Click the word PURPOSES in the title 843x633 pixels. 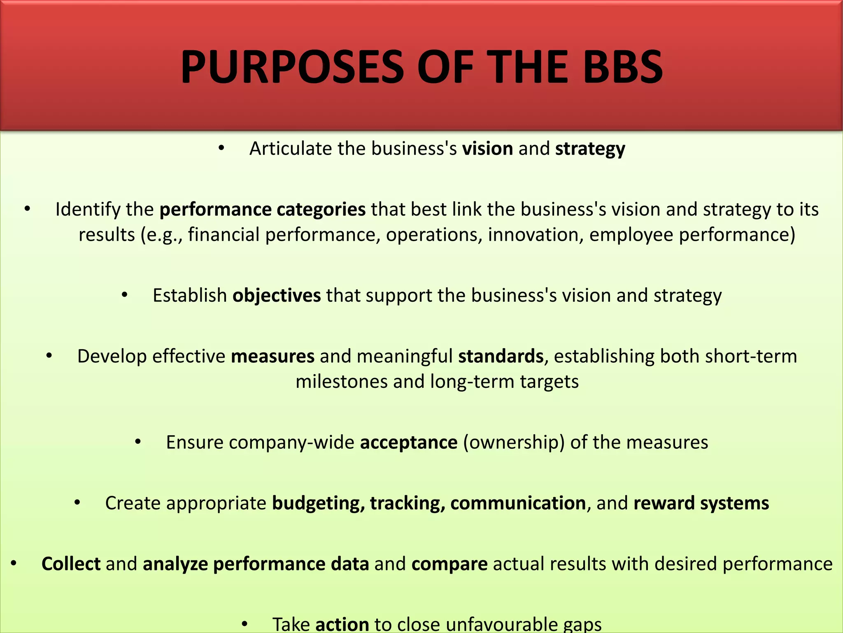tap(292, 67)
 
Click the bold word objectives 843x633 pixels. tap(277, 295)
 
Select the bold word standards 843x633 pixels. tap(501, 356)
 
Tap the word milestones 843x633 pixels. tap(342, 382)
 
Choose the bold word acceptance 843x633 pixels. tap(409, 442)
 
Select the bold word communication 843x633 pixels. tap(518, 503)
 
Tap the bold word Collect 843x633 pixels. tap(71, 564)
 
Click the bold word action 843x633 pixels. tap(342, 624)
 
